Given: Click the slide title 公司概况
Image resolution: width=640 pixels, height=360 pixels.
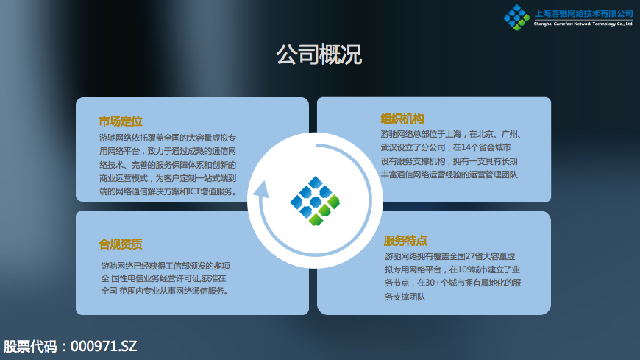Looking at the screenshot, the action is coord(319,54).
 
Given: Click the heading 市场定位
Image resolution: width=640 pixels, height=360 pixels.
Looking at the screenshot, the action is coord(121,121).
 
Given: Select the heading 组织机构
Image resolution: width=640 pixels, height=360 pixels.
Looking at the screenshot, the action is coord(402,119).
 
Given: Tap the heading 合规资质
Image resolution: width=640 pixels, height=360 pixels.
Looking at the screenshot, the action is coord(121,244).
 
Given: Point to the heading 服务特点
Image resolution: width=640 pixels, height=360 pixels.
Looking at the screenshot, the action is coord(405,241).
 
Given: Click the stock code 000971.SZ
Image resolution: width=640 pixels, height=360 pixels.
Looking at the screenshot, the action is coord(104,347).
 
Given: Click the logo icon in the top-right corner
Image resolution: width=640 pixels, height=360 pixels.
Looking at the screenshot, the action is coord(516,18).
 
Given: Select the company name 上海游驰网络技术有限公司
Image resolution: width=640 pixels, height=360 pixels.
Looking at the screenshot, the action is coord(583,14).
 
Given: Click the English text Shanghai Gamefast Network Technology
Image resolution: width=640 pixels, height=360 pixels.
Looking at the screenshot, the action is coord(575,24).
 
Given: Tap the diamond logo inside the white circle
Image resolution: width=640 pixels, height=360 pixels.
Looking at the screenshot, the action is coord(315,201).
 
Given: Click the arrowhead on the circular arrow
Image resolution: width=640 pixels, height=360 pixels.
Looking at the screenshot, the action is coord(261,190).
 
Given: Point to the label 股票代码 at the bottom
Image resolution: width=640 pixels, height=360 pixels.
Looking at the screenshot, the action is coord(30,347).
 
